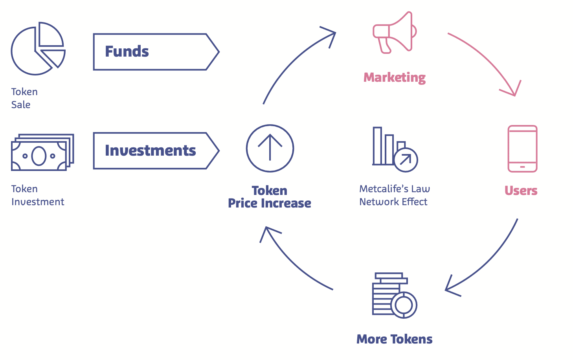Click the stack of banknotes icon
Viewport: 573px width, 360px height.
[x=42, y=152]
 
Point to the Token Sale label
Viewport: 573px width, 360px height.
[x=24, y=98]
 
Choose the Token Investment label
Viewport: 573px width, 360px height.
[x=38, y=195]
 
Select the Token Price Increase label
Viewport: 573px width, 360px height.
[x=270, y=197]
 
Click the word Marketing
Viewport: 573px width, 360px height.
[x=395, y=77]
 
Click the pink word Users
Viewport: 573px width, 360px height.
[x=521, y=191]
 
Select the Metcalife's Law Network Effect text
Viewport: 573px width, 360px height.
[x=395, y=195]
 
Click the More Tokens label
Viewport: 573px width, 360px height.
[x=395, y=339]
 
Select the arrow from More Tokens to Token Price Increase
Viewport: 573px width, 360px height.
[x=292, y=265]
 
